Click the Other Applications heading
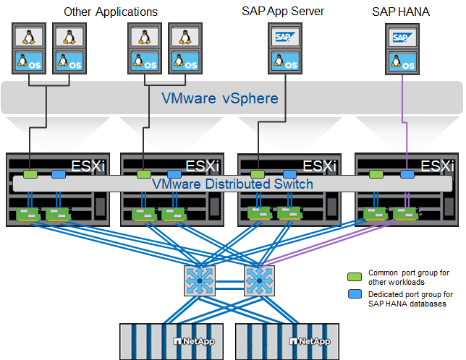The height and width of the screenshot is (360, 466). click(x=110, y=12)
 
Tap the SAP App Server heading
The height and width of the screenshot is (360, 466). click(x=283, y=12)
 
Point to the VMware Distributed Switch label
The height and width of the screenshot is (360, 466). click(x=232, y=184)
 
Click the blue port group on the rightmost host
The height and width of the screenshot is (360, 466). click(x=407, y=174)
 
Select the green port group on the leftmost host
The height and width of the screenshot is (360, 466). click(x=30, y=174)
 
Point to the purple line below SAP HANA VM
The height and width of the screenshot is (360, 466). click(x=403, y=116)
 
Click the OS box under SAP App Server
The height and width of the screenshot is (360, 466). click(x=282, y=62)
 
